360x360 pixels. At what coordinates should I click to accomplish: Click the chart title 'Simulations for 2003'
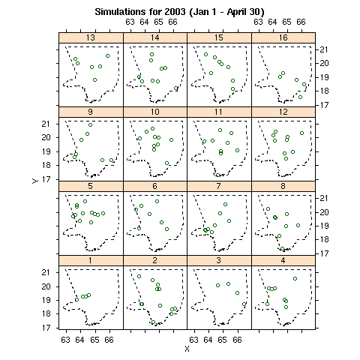(x=140, y=12)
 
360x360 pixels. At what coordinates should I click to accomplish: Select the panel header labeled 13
(x=91, y=37)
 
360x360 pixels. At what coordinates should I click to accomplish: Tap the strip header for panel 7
(x=219, y=186)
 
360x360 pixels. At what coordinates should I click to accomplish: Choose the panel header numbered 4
(x=283, y=260)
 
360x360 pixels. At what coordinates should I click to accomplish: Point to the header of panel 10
(x=155, y=112)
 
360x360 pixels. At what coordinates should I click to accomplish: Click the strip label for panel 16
(x=283, y=37)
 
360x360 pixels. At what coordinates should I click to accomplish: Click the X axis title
(x=187, y=349)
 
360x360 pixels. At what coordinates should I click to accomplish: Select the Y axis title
(x=35, y=181)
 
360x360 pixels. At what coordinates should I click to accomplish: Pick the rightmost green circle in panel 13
(x=107, y=55)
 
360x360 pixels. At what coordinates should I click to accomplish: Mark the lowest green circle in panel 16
(x=300, y=97)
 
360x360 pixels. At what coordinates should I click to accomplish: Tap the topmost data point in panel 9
(x=90, y=124)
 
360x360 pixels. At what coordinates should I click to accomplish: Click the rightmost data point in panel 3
(x=244, y=304)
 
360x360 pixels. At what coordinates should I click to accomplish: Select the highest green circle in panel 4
(x=295, y=278)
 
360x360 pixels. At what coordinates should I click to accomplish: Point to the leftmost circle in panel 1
(x=76, y=299)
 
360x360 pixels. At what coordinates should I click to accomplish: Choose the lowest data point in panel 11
(x=218, y=175)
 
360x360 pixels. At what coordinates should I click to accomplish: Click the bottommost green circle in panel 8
(x=282, y=248)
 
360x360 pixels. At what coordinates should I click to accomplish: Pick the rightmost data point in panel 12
(x=301, y=133)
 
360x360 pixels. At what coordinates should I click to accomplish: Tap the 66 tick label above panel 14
(x=172, y=22)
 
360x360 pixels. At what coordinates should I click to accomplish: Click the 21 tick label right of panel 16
(x=324, y=49)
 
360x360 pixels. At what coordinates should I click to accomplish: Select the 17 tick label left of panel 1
(x=46, y=328)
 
